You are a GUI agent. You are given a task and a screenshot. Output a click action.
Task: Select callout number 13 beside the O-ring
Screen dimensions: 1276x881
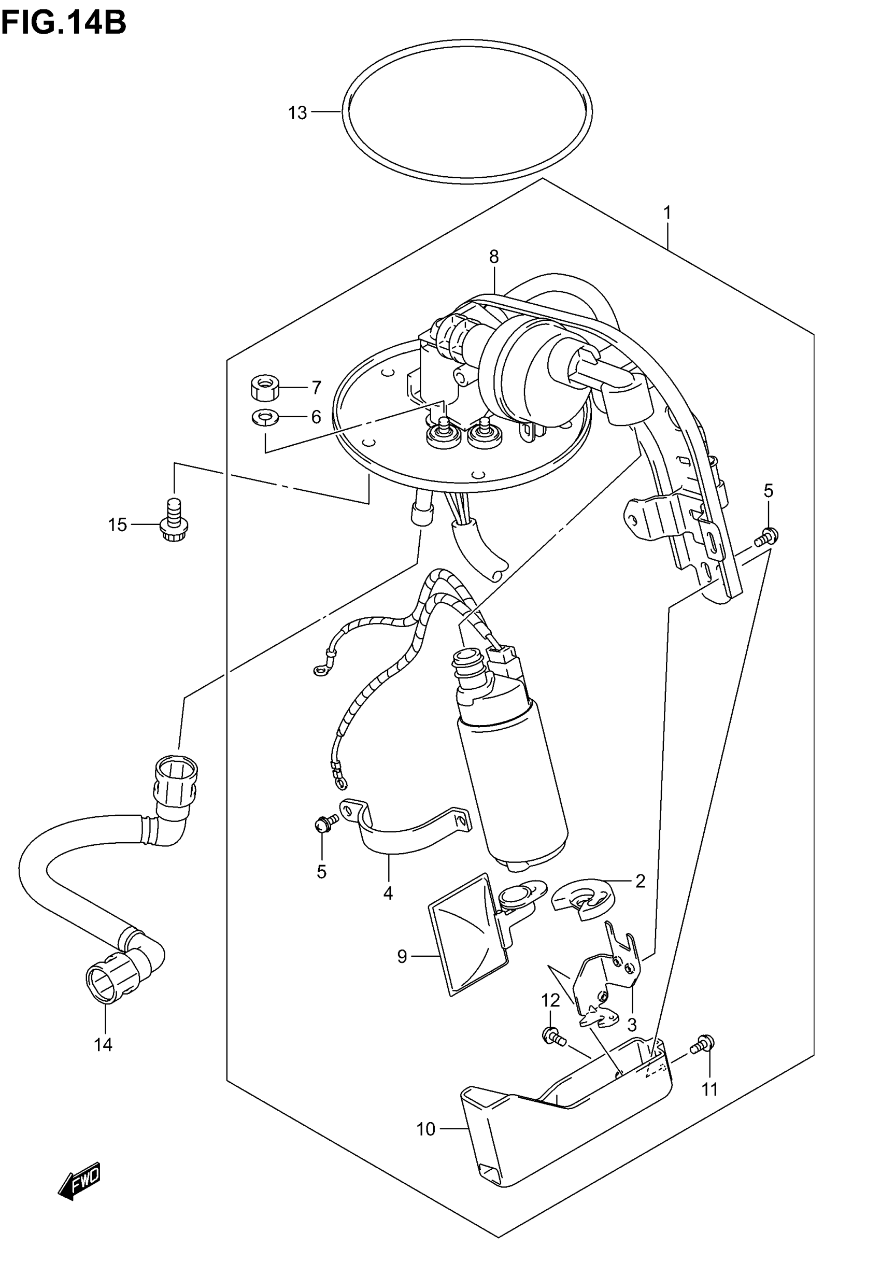coord(297,113)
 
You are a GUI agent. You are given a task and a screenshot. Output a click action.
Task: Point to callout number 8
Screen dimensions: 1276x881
coord(493,257)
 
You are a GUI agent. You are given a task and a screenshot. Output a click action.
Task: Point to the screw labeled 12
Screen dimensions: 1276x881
coord(552,1036)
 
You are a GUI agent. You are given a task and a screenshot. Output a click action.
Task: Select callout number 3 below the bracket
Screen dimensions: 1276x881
coord(632,1026)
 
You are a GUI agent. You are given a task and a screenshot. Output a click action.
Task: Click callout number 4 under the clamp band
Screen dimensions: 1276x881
coord(388,894)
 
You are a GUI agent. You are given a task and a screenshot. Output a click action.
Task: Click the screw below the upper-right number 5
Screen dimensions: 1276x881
coord(768,535)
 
